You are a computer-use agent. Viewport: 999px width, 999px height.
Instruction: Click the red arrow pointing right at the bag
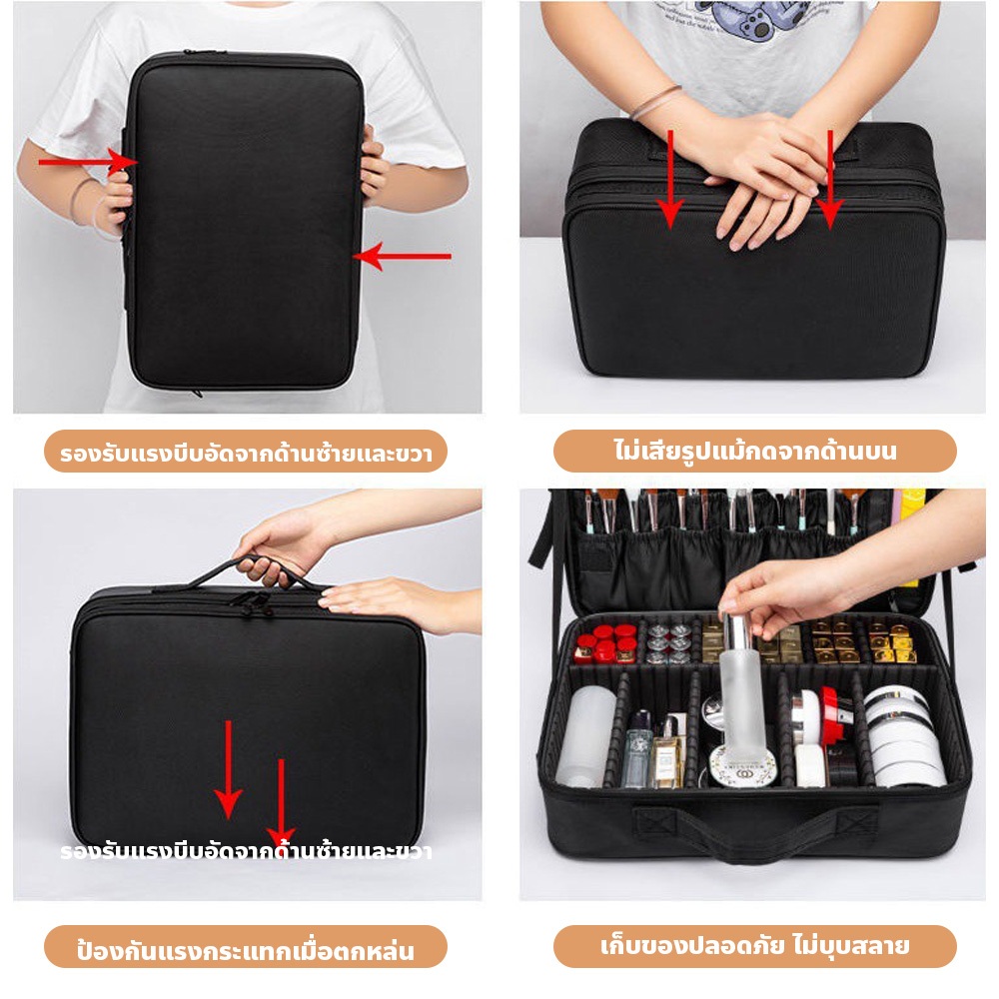(x=88, y=162)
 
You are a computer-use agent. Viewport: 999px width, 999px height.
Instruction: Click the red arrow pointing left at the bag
(x=402, y=256)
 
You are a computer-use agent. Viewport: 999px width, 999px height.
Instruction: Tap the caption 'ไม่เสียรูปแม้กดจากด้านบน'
(x=755, y=451)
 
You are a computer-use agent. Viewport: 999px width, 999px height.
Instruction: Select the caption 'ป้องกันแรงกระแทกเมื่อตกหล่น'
(x=246, y=951)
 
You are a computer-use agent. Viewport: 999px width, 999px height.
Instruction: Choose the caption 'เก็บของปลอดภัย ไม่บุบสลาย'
(x=755, y=945)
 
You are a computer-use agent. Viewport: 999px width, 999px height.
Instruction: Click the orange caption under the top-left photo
(x=246, y=452)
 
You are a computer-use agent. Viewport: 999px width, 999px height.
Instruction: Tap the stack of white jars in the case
(x=903, y=736)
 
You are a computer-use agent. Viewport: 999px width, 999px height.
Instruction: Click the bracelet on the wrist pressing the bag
(x=656, y=102)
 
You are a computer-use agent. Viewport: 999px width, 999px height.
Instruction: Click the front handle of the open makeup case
(x=755, y=828)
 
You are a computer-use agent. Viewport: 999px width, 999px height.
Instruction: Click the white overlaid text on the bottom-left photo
(x=246, y=851)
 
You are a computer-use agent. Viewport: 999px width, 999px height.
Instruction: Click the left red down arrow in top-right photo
(x=670, y=180)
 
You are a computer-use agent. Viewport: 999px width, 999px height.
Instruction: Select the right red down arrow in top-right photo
(x=829, y=180)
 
